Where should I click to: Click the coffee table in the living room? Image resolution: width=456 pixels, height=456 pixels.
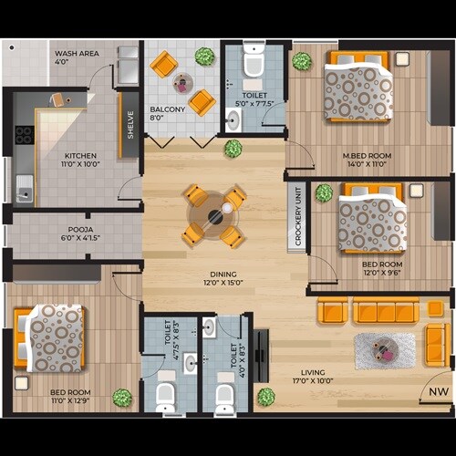384,349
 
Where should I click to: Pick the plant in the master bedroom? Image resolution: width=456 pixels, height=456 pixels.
302,61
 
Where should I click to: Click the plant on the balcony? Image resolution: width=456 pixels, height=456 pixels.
205,57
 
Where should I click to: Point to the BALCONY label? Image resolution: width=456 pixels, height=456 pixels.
169,112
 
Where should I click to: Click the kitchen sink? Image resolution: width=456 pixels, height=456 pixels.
23,192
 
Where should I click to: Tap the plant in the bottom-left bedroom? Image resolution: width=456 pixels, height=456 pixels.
121,398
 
